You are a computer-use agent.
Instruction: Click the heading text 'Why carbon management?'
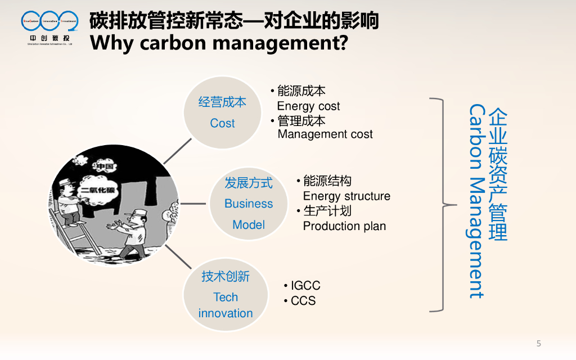click(x=218, y=43)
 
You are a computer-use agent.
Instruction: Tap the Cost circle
click(x=223, y=112)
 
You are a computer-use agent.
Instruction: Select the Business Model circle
click(x=249, y=203)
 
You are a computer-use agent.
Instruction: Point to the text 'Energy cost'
click(x=308, y=106)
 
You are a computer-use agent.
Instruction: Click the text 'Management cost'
click(x=325, y=134)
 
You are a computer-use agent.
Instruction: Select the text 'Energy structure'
click(x=346, y=196)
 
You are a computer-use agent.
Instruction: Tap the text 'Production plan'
click(x=344, y=226)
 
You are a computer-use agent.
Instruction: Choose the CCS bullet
click(x=303, y=301)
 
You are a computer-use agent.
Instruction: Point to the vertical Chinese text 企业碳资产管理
click(x=498, y=174)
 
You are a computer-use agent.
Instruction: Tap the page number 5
click(x=538, y=344)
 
